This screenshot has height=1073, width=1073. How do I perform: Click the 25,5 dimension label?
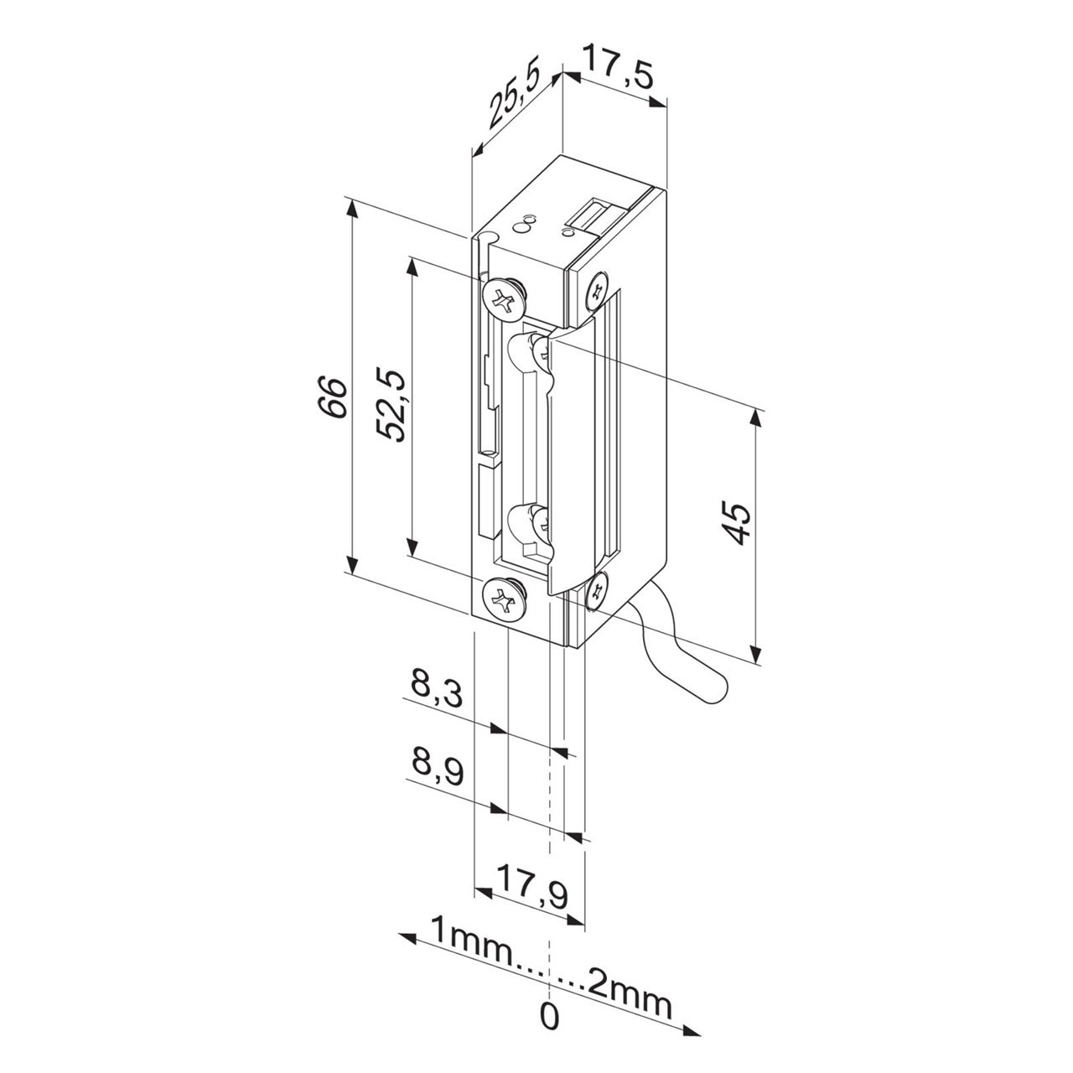point(513,95)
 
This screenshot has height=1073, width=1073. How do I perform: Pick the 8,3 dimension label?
point(437,690)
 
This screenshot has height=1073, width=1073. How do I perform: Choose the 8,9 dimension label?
point(437,767)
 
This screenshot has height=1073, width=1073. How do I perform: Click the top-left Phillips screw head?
point(502,298)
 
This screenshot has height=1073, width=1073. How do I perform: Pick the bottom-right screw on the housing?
point(598,591)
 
